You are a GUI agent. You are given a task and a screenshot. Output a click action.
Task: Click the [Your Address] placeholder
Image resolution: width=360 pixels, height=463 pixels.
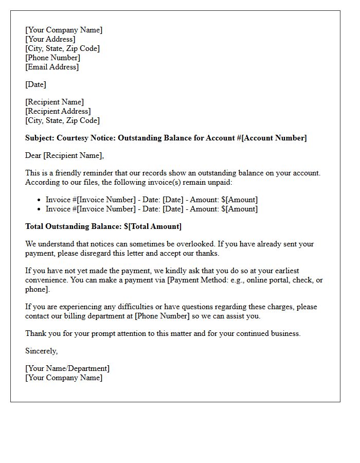click(50, 39)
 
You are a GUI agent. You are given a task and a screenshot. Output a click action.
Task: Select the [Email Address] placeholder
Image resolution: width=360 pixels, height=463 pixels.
click(52, 67)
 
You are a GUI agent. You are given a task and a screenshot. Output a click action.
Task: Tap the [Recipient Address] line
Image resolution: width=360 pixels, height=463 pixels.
click(58, 111)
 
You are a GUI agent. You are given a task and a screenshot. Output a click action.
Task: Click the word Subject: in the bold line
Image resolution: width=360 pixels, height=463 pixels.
click(40, 138)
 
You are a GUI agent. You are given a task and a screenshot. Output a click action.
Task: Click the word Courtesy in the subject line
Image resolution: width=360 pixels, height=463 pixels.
click(73, 138)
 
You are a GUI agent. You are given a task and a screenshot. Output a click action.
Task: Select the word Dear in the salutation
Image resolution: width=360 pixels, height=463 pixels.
click(33, 155)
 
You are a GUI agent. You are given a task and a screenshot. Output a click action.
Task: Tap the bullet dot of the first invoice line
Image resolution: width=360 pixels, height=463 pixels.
click(40, 200)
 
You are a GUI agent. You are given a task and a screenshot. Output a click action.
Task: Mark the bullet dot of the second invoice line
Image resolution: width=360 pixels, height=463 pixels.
click(40, 209)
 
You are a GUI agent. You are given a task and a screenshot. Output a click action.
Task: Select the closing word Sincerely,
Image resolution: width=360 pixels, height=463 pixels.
click(42, 351)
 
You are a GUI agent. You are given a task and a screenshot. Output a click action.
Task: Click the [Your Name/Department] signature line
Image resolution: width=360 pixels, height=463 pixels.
click(67, 368)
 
